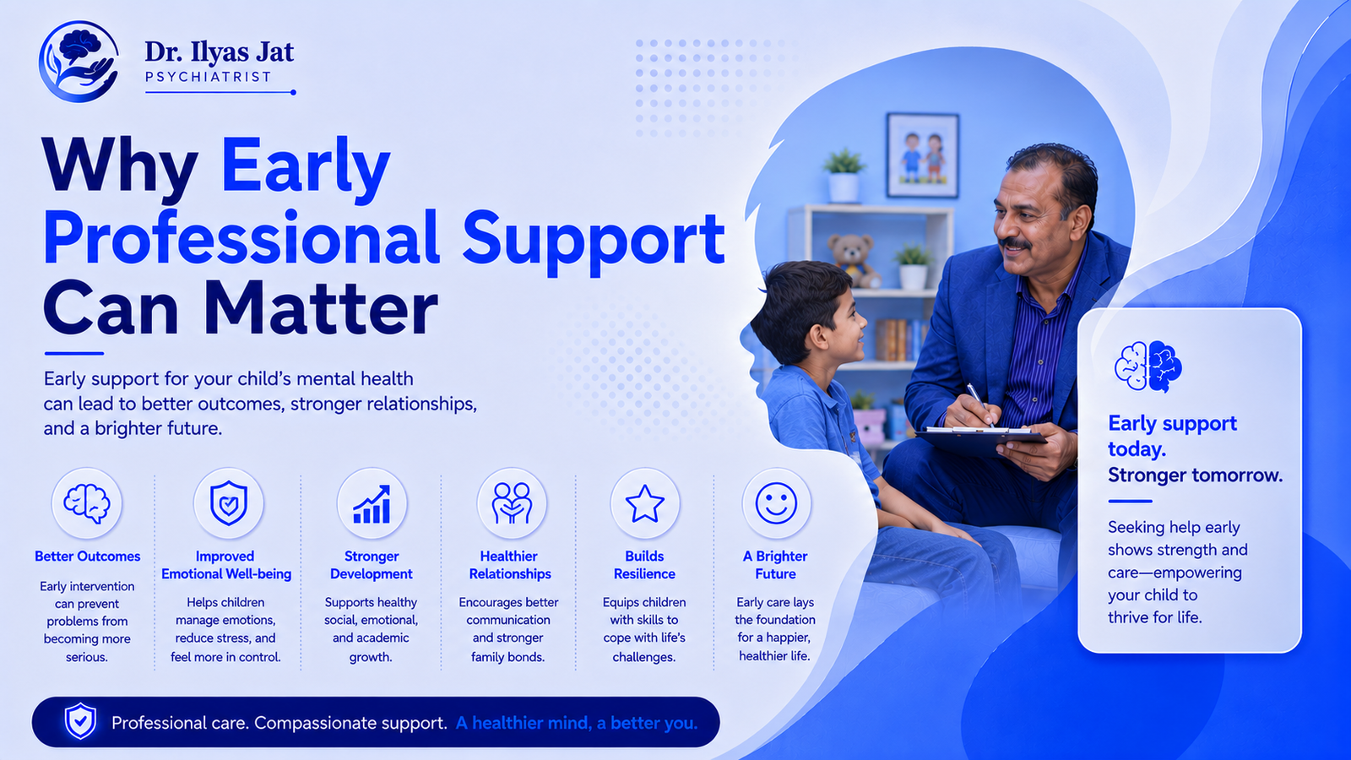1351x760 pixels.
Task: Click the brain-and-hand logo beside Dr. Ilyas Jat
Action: coord(79,61)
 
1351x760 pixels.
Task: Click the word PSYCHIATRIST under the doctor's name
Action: coord(208,77)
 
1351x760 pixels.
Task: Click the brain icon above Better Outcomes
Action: coord(87,503)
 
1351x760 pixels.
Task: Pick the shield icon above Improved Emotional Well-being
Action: coord(228,503)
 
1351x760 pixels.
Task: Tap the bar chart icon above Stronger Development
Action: coord(372,504)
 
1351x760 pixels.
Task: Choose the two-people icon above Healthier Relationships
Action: coord(512,503)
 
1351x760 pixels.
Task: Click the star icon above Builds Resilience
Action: coord(645,503)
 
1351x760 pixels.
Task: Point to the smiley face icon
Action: coord(776,503)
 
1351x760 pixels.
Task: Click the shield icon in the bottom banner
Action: coord(80,721)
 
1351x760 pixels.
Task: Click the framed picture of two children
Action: coord(922,155)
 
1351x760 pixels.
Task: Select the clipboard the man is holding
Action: coord(980,438)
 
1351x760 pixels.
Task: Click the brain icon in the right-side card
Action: coord(1148,366)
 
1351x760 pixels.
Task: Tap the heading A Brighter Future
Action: coord(775,565)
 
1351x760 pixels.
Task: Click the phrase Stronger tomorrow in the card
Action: coord(1196,475)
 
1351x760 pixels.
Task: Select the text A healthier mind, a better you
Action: coord(577,723)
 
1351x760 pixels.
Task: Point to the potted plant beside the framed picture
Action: coord(844,176)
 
